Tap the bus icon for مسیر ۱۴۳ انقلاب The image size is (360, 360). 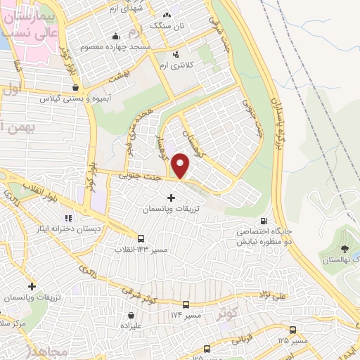point(141,239)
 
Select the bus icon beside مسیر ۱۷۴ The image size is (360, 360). point(186,304)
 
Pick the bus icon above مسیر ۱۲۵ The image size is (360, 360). point(292,330)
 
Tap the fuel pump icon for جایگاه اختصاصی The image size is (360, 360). point(263,220)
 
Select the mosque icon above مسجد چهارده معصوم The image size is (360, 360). point(115,37)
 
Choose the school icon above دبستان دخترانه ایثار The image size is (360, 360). point(68,218)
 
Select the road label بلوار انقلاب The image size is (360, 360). point(31,191)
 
